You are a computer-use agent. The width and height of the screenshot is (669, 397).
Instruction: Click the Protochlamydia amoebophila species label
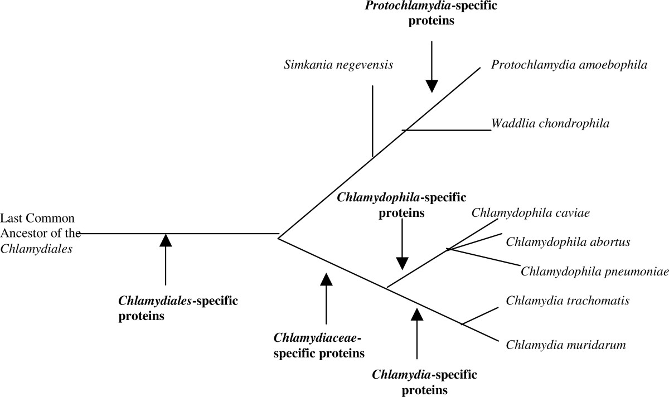(569, 65)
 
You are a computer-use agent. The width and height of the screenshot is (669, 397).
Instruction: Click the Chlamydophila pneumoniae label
(594, 271)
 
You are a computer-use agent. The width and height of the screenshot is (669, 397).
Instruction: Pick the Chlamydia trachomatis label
(568, 301)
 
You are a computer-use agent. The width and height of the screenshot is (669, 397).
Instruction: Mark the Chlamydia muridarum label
(565, 344)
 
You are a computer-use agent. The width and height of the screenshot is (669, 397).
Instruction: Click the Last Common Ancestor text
(39, 233)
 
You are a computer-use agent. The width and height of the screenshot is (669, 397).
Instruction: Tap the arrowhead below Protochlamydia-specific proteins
(432, 85)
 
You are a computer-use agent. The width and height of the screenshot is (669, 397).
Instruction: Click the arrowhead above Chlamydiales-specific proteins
(166, 240)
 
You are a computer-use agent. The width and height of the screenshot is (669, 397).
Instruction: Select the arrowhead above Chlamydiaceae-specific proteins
(326, 278)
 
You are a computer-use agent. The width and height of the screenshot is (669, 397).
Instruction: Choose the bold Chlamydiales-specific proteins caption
(178, 308)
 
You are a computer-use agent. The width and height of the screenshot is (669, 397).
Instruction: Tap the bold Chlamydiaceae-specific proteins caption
(319, 345)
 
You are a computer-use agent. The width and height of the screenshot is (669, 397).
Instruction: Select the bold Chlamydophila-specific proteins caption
(401, 205)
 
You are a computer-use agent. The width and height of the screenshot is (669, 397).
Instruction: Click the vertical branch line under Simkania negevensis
(372, 120)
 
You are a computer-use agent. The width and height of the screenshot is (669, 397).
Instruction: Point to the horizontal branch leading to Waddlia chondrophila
(446, 130)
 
